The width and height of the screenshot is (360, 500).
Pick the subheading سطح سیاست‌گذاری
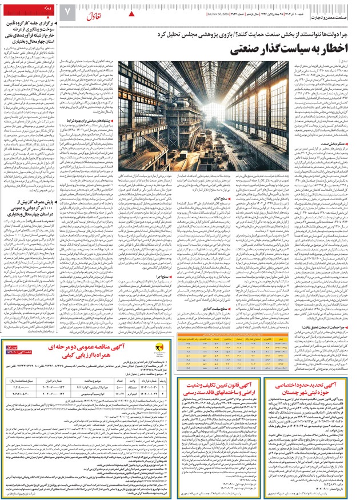202,308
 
